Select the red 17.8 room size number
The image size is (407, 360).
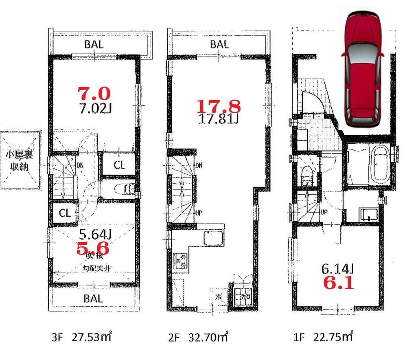pos(219,106)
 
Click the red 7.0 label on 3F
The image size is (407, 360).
pos(94,94)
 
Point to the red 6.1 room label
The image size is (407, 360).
pos(338,282)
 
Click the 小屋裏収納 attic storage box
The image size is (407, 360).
pos(21,160)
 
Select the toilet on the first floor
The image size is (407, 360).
pos(306,176)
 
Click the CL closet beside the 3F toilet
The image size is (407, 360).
pos(119,165)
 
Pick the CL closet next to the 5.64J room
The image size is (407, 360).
pos(64,213)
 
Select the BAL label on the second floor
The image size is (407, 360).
pos(219,44)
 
